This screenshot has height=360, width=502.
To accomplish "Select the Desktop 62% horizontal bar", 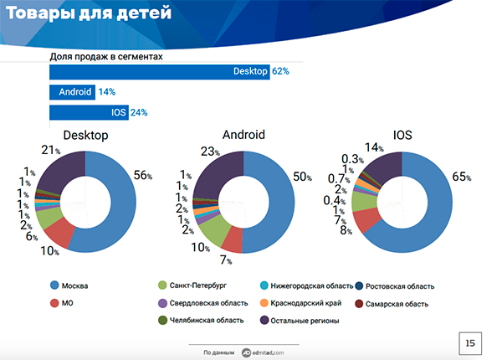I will (x=159, y=71).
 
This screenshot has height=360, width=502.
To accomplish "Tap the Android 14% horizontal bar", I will (x=73, y=91).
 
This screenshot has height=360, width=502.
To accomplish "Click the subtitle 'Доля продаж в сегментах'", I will (x=105, y=56).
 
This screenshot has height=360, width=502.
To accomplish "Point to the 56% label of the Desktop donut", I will (x=144, y=175).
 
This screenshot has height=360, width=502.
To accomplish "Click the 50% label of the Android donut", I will (x=302, y=177).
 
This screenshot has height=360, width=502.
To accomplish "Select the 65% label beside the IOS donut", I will (x=461, y=177).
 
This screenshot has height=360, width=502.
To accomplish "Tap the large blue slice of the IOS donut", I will (x=427, y=213).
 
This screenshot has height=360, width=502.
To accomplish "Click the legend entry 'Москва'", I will (x=75, y=286).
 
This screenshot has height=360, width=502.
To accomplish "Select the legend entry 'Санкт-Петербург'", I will (x=199, y=286).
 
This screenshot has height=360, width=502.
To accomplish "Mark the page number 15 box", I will (x=471, y=342).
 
